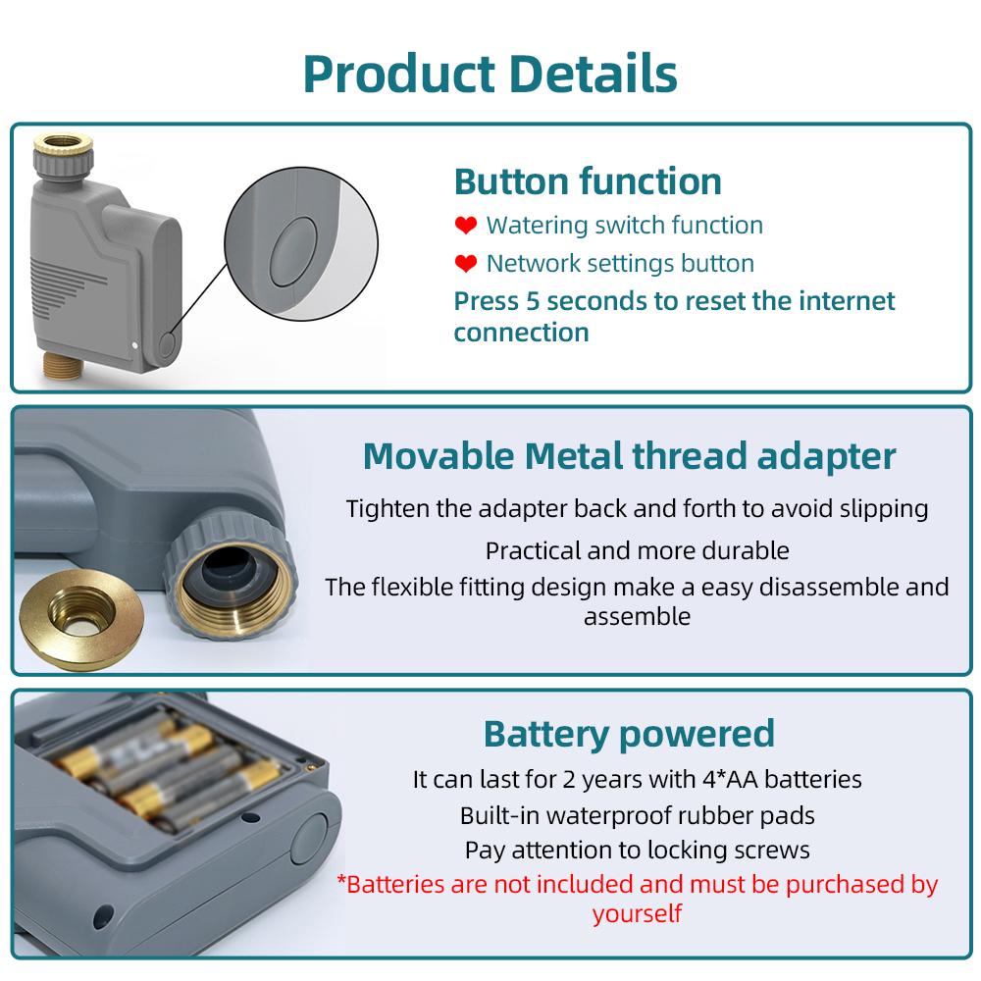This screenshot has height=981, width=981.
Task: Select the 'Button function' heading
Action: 588,181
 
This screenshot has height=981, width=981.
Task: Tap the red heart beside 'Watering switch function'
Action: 466,227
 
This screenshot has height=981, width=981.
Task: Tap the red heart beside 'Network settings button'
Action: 466,264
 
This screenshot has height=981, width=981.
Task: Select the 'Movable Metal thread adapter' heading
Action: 629,456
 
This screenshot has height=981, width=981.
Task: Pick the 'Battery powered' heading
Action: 629,733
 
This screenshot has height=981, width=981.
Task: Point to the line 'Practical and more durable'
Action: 637,550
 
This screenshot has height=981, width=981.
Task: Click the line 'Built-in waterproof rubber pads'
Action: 637,814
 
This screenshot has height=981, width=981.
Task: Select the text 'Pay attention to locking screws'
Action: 637,850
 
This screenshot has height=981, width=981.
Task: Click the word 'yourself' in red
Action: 637,914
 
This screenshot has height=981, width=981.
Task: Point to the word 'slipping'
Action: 882,509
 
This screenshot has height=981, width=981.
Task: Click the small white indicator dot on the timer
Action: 134,345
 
